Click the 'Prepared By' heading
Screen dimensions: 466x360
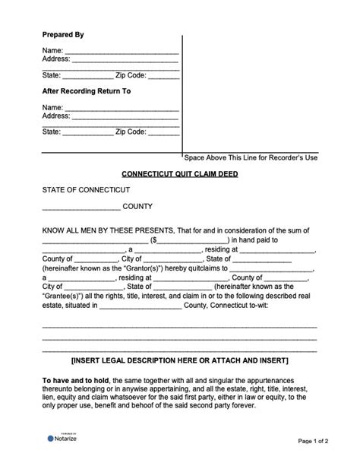pyautogui.click(x=63, y=35)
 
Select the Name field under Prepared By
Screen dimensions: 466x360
pyautogui.click(x=122, y=51)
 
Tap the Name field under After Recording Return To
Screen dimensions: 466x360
pyautogui.click(x=122, y=107)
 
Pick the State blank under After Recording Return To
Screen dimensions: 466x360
pyautogui.click(x=87, y=132)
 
